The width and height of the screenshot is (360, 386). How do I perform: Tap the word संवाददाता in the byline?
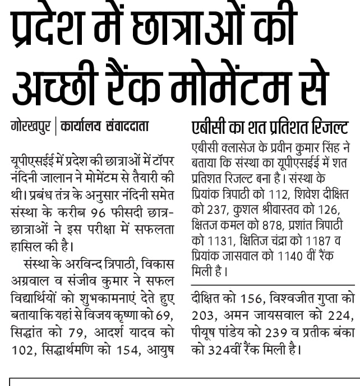tap(127, 126)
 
